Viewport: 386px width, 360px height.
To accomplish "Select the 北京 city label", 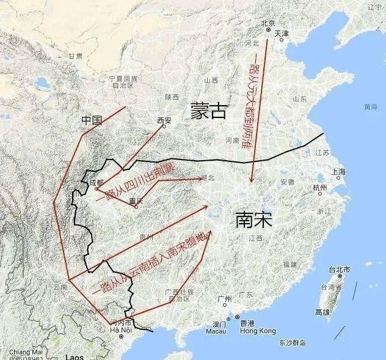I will click(x=268, y=24).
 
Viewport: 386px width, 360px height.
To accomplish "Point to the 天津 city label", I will click(x=282, y=33).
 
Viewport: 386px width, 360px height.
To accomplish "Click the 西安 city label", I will click(x=164, y=120).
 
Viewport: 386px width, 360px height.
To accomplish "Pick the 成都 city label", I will click(x=96, y=182).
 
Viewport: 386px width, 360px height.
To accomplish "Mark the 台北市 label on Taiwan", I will click(x=339, y=270).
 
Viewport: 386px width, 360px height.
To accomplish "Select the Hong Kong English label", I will click(x=258, y=331).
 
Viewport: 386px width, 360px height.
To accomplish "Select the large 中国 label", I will click(x=91, y=121).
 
